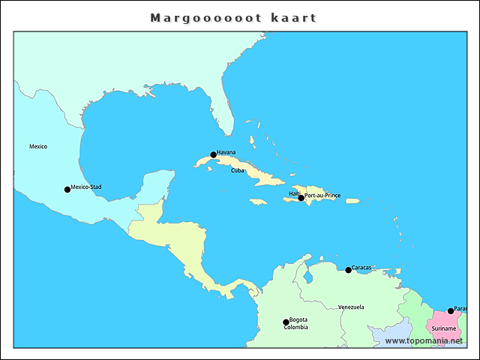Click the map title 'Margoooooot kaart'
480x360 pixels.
tap(233, 17)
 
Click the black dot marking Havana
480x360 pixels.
tap(214, 155)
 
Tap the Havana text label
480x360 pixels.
tap(226, 152)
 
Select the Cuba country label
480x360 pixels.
tap(238, 170)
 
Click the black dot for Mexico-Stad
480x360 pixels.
tap(67, 190)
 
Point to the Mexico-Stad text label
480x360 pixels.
tap(86, 187)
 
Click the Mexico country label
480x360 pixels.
tap(38, 146)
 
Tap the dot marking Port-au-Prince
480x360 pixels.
tap(301, 198)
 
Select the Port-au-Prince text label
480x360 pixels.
tap(322, 195)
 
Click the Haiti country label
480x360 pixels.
tap(294, 193)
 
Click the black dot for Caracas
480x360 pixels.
tap(348, 270)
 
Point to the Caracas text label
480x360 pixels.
tap(361, 267)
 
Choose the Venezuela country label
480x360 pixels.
tap(351, 307)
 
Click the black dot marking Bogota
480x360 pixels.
tap(286, 322)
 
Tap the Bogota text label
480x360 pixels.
tap(298, 319)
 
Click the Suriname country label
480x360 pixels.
tap(444, 328)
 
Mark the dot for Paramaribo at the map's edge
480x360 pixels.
tap(451, 310)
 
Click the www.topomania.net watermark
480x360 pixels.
tap(424, 340)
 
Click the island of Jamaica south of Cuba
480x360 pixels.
tap(258, 202)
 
